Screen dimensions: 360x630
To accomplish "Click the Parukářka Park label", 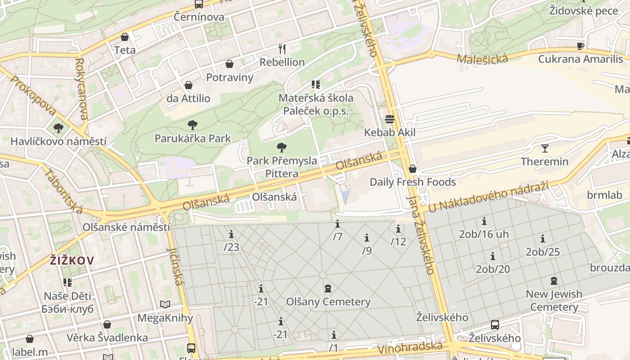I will click(x=193, y=138).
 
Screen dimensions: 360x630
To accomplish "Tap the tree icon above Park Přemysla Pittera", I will click(x=282, y=147).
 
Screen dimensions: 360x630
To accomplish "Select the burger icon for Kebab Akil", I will click(x=390, y=119).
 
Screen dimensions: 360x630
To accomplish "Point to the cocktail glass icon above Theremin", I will click(x=545, y=148).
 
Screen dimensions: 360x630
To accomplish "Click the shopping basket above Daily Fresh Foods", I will click(x=413, y=169).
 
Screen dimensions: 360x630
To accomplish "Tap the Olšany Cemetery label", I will click(x=328, y=301).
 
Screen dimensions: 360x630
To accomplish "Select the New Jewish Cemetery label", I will click(x=554, y=301).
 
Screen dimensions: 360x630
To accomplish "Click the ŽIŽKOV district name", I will click(x=72, y=260).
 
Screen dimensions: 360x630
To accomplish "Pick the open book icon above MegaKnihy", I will click(x=165, y=305).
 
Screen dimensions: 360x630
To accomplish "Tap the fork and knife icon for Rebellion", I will click(x=282, y=49).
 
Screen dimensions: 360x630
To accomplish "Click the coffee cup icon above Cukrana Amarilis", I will click(x=580, y=46).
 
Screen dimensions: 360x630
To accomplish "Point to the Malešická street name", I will click(x=482, y=58).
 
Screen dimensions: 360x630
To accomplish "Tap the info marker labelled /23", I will click(x=231, y=234).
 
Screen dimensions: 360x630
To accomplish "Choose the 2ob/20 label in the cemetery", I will click(x=493, y=269).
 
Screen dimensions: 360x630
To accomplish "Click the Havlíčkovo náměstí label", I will click(x=58, y=141).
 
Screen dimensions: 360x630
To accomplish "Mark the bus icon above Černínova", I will click(x=199, y=4).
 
